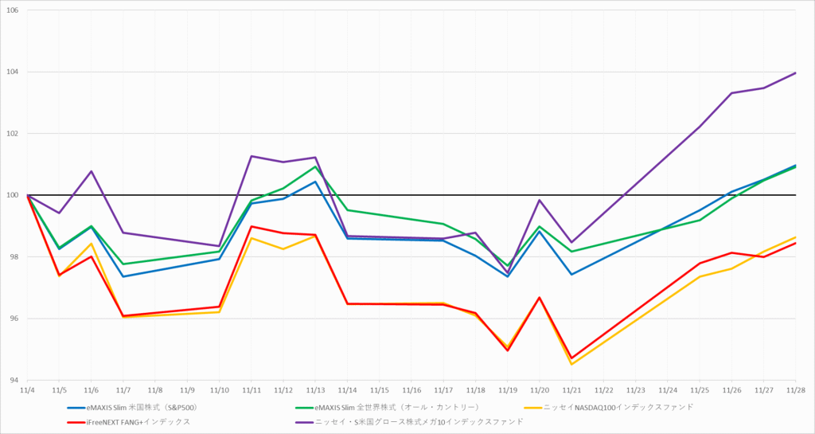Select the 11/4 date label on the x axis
pyautogui.click(x=27, y=391)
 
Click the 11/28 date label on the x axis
pyautogui.click(x=795, y=391)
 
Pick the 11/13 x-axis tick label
pyautogui.click(x=315, y=391)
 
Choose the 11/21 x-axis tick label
pyautogui.click(x=571, y=391)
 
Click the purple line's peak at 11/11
pyautogui.click(x=252, y=156)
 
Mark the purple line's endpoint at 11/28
pyautogui.click(x=795, y=73)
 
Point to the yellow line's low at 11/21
pyautogui.click(x=571, y=365)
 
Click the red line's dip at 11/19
pyautogui.click(x=507, y=350)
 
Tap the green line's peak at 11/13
pyautogui.click(x=315, y=166)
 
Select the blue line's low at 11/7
pyautogui.click(x=123, y=276)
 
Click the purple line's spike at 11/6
pyautogui.click(x=92, y=171)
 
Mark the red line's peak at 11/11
pyautogui.click(x=252, y=226)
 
